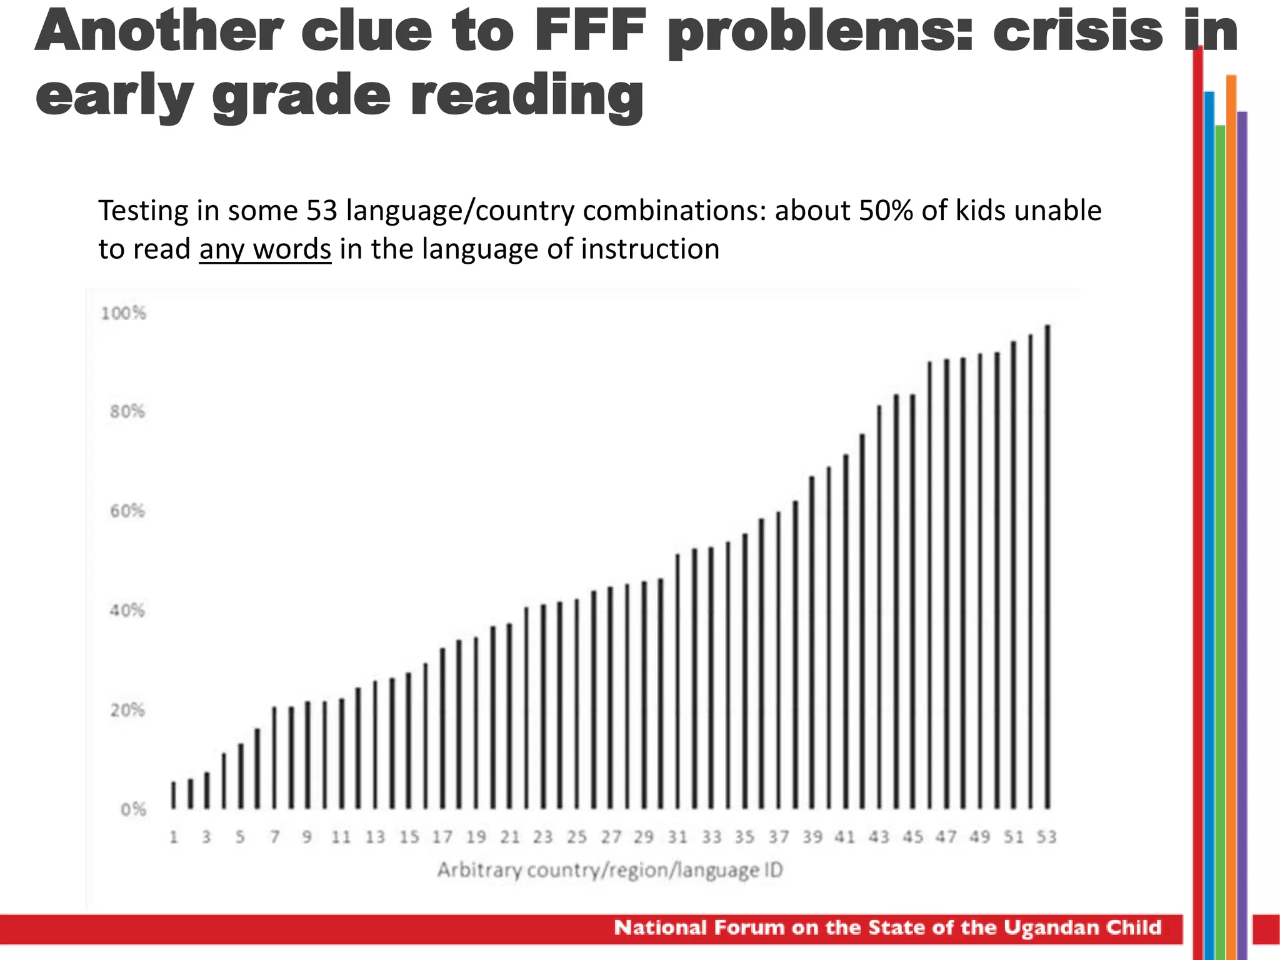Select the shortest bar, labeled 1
click(174, 796)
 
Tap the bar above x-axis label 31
click(677, 681)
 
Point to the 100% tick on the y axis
click(123, 314)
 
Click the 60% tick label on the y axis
click(127, 511)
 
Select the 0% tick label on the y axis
click(132, 810)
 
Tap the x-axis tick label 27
click(611, 837)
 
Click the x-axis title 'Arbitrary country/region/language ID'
click(609, 870)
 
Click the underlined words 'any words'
click(265, 249)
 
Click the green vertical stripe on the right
click(1220, 500)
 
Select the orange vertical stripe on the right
click(1231, 500)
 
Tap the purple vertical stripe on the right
click(1242, 500)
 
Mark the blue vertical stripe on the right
click(1209, 500)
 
